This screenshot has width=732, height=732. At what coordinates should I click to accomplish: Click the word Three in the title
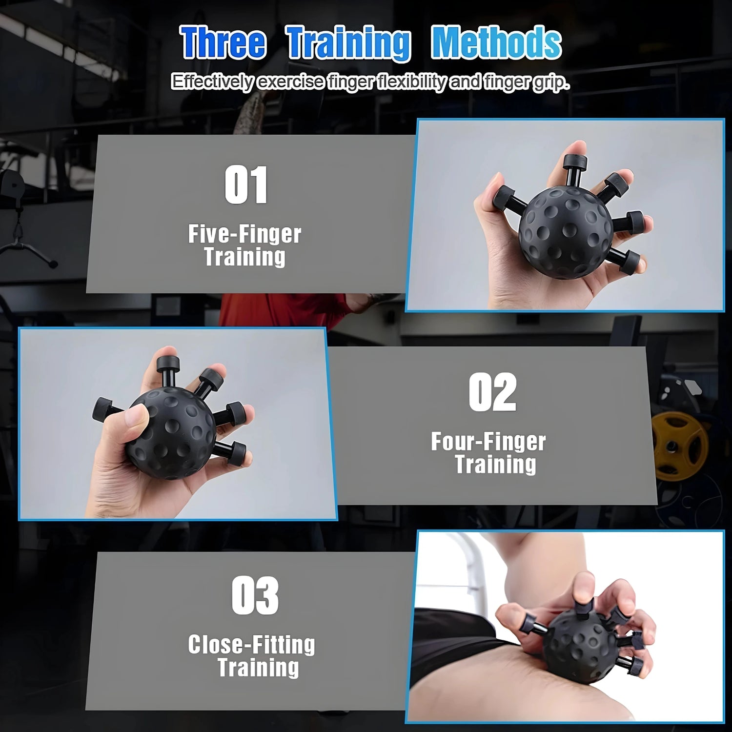(x=224, y=43)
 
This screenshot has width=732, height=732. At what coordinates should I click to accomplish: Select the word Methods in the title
(x=496, y=43)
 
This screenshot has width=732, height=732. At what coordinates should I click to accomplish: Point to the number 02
(x=492, y=392)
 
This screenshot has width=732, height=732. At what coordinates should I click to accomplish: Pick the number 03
(x=255, y=595)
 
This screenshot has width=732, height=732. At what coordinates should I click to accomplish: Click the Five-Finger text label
(x=244, y=234)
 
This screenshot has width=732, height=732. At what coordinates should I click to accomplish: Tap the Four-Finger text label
(x=488, y=442)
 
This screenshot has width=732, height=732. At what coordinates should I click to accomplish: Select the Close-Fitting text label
(x=251, y=645)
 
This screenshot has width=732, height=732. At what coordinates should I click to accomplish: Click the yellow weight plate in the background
(x=681, y=444)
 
